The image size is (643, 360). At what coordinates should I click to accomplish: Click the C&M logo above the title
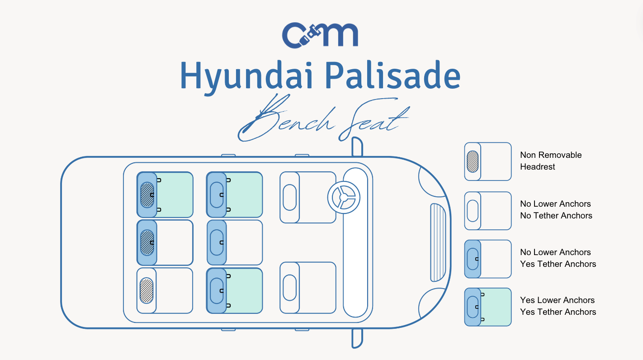(320, 35)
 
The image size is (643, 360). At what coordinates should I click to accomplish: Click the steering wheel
(344, 197)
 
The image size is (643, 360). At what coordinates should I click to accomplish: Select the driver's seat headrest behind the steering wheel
(289, 197)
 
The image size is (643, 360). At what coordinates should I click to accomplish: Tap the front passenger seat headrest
(289, 288)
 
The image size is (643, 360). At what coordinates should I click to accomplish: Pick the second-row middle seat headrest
(217, 242)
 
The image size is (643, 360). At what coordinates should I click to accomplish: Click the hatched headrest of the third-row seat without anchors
(147, 290)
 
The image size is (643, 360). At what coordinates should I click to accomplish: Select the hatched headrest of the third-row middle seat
(147, 242)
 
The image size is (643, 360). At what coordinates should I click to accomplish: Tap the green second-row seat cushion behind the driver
(244, 194)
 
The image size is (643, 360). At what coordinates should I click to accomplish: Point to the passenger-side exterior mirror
(357, 338)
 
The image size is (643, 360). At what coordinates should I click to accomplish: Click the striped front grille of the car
(437, 242)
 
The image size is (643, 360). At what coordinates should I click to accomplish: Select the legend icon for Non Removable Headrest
(487, 161)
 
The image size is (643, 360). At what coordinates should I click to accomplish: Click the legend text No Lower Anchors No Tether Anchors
(556, 210)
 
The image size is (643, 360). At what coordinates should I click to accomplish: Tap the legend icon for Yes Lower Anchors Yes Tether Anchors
(487, 307)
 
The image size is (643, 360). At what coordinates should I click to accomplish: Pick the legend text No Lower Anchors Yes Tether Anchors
(558, 258)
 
